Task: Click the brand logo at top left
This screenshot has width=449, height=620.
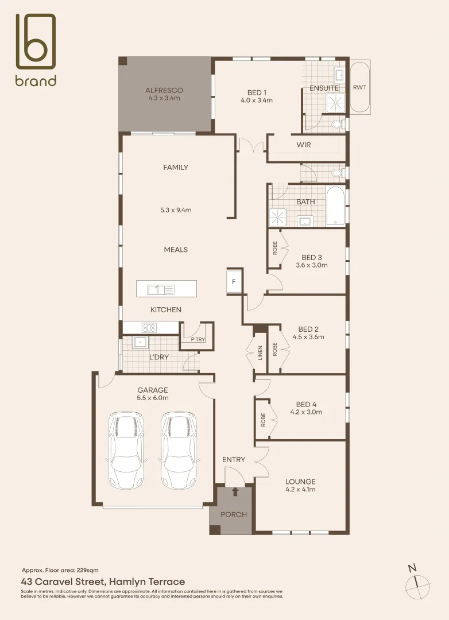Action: [36, 50]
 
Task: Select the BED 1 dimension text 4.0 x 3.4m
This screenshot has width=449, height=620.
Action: [257, 100]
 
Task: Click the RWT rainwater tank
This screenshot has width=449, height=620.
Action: [359, 87]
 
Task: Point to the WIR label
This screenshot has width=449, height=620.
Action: [303, 145]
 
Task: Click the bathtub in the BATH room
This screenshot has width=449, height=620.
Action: [335, 206]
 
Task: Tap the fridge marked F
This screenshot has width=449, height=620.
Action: [234, 282]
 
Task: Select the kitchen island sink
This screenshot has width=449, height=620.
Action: [161, 289]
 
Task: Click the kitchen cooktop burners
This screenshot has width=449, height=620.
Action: [149, 328]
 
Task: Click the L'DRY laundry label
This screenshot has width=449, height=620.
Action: [158, 357]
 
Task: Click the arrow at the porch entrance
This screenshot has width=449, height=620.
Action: [235, 491]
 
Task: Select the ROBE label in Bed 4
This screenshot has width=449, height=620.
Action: [263, 420]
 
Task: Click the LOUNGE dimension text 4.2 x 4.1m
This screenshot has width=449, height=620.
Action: [300, 490]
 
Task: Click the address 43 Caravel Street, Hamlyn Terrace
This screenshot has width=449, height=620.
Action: [103, 582]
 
